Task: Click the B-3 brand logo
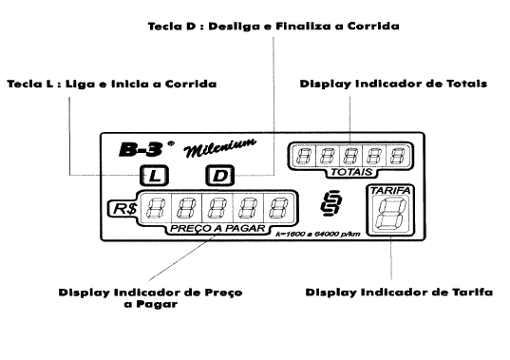(141, 150)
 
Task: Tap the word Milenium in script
(220, 148)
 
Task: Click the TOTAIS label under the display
(351, 172)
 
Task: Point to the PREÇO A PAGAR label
(217, 228)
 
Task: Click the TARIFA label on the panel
(390, 191)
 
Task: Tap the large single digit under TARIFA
(390, 214)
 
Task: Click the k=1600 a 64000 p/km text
(318, 234)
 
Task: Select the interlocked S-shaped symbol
(331, 203)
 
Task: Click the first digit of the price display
(155, 208)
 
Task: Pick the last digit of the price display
(278, 208)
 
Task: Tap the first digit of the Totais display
(304, 156)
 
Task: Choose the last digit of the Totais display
(398, 156)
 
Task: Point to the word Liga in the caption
(80, 84)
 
